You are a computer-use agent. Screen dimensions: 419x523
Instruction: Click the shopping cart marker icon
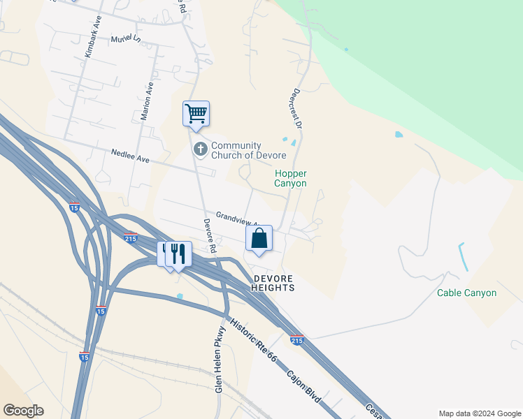pos(196,114)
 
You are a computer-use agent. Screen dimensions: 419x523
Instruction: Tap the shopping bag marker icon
pos(259,238)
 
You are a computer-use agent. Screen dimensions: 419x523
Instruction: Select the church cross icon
pos(201,149)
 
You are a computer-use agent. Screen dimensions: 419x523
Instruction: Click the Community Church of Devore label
pos(241,150)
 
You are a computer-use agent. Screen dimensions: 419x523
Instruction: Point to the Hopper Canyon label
pos(291,178)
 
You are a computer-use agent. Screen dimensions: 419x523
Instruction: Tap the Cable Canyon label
pos(466,293)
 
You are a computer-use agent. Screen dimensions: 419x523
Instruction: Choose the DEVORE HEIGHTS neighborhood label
pos(273,283)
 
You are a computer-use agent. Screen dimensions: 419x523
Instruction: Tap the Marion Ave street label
pos(147,103)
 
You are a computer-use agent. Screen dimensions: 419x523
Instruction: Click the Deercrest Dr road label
pos(296,109)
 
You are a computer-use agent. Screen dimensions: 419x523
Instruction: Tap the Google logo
pos(23,411)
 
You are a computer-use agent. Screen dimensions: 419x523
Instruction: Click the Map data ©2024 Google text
pos(479,413)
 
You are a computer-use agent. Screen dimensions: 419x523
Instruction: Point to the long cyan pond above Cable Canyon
pos(462,256)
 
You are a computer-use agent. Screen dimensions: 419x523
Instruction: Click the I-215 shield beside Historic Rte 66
pos(296,340)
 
